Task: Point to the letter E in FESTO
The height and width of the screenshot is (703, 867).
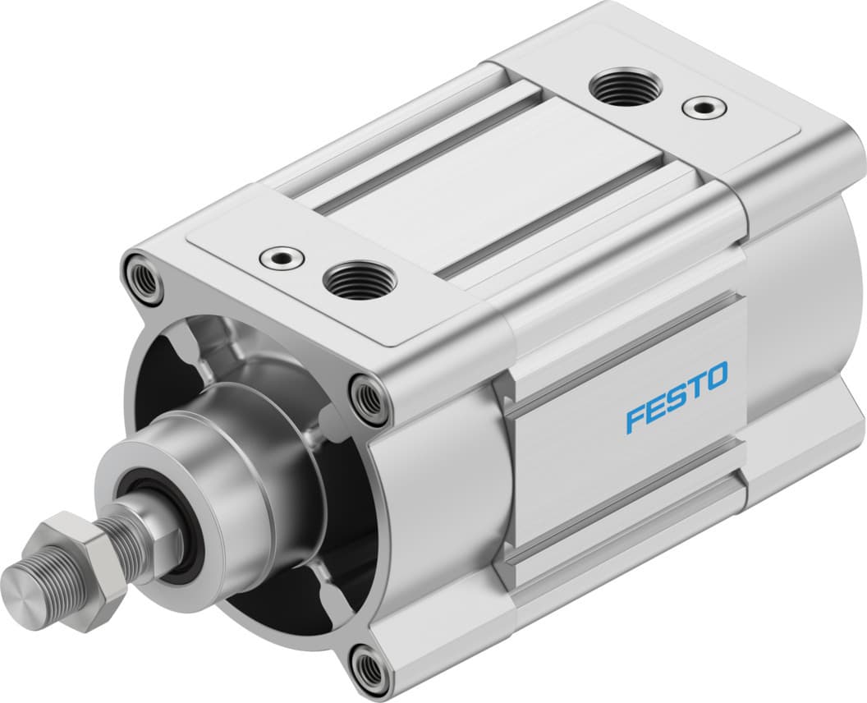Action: pyautogui.click(x=655, y=408)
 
